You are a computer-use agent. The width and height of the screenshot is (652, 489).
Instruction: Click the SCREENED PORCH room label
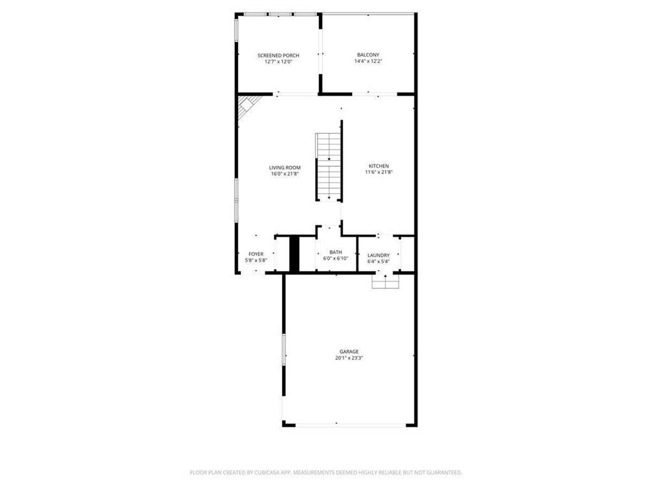[x=278, y=55]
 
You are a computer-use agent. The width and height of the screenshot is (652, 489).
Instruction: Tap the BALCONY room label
[x=368, y=55]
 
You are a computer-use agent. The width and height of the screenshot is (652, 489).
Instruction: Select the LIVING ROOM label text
[x=285, y=167]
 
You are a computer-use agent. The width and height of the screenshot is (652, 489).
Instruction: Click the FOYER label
[x=256, y=254]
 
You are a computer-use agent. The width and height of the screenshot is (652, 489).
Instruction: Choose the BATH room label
[x=336, y=253]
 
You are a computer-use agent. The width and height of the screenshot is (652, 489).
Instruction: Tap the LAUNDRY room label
[x=378, y=255]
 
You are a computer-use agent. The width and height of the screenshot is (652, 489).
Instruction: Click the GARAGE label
[x=349, y=351]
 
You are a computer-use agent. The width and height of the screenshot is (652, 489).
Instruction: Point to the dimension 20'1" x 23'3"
[x=349, y=358]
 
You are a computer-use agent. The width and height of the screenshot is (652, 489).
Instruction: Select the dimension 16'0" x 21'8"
[x=285, y=174]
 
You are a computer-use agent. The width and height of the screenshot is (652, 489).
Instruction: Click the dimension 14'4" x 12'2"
[x=368, y=62]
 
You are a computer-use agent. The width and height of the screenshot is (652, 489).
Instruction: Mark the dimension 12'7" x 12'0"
[x=278, y=62]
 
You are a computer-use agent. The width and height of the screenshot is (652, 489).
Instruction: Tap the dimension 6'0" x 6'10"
[x=336, y=259]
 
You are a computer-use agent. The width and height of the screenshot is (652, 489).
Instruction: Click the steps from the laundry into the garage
[x=385, y=281]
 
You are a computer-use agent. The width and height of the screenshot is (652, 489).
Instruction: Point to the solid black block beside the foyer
[x=294, y=253]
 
